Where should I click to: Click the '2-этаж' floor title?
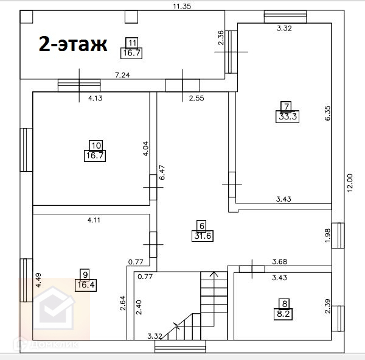(x=72, y=44)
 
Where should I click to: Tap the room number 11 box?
(x=133, y=42)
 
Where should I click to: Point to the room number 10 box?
(x=96, y=145)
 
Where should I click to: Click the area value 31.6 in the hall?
(x=202, y=236)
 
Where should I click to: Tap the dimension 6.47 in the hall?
(x=162, y=173)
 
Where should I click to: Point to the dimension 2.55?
(x=196, y=98)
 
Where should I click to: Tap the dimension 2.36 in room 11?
(x=221, y=38)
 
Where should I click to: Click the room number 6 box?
(x=202, y=225)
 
